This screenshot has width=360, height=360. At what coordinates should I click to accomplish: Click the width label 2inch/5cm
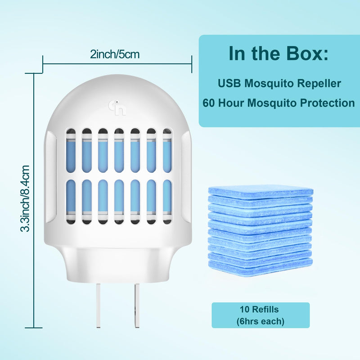pos(115,54)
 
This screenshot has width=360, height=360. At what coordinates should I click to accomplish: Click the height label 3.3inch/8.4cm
pos(25,198)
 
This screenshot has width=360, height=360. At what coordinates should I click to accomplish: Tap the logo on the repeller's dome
pos(117,108)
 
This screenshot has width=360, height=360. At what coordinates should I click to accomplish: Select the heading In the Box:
pos(279,54)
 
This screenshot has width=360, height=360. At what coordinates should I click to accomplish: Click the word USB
pos(229,83)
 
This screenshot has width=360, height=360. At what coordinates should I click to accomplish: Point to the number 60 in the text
pos(208,103)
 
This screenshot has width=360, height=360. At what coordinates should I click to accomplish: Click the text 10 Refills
pos(259,310)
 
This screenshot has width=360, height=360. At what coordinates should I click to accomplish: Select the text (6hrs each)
pos(261,321)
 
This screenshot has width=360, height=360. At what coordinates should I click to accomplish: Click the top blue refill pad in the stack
pos(261,191)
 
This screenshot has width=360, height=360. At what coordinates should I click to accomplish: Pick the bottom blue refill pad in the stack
pos(261,267)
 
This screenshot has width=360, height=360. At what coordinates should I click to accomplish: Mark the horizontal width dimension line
pos(117,64)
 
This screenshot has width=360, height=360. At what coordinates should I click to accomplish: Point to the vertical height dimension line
pos(34,200)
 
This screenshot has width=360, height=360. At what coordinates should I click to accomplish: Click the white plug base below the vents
pos(117,264)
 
